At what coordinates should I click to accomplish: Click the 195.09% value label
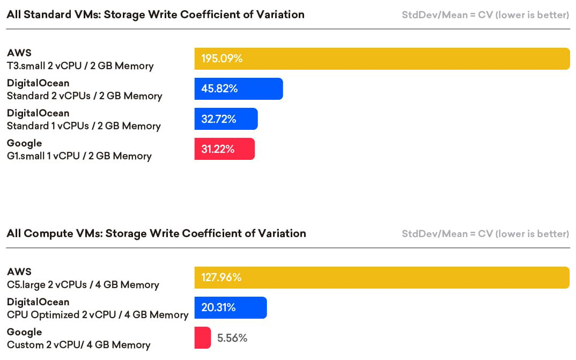click(222, 58)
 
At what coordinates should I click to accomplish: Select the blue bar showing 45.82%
click(238, 89)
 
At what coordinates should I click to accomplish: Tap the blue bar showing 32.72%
click(226, 119)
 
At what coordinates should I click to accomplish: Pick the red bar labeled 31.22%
click(224, 149)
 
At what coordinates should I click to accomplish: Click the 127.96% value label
click(221, 277)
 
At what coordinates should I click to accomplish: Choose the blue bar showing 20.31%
click(230, 307)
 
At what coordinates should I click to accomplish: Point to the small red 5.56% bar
click(202, 337)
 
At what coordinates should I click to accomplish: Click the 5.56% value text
click(232, 338)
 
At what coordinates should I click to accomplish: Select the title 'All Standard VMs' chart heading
click(156, 14)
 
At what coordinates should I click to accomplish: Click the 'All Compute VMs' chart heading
click(156, 233)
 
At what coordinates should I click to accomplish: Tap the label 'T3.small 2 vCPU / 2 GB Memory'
click(80, 66)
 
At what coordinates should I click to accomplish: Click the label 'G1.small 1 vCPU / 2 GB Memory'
click(79, 156)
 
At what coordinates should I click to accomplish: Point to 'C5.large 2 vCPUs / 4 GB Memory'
click(83, 285)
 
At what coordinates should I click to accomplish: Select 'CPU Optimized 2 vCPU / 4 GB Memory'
click(98, 315)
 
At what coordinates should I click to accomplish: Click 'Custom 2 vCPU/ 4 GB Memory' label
click(78, 345)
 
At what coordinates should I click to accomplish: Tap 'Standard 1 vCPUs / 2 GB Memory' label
click(84, 126)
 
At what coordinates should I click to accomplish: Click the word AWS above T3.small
click(19, 53)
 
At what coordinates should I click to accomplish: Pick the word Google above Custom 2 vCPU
click(24, 332)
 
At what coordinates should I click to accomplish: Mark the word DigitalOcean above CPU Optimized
click(38, 302)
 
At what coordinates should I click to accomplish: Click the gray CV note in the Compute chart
click(485, 233)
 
